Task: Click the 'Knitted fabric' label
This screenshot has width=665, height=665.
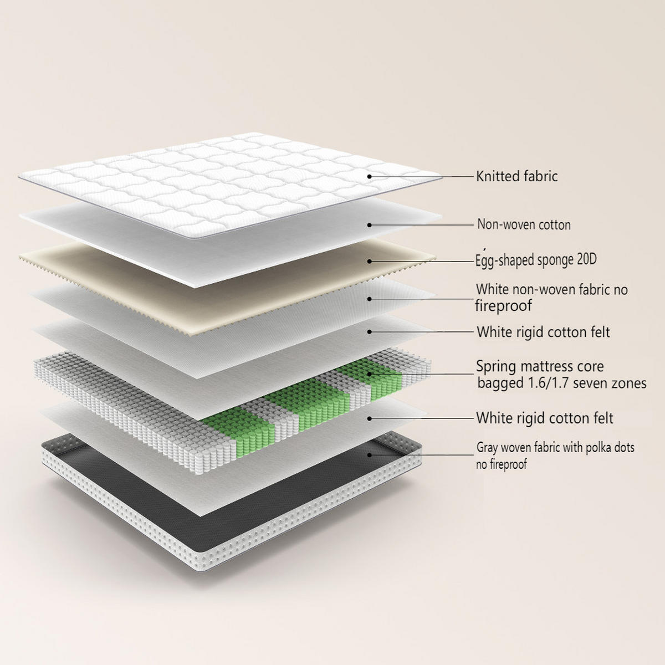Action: click(516, 176)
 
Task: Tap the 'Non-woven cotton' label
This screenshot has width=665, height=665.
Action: click(524, 224)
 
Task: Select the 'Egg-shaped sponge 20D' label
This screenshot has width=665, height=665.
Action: click(536, 260)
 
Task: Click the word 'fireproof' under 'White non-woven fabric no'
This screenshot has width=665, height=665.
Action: click(503, 306)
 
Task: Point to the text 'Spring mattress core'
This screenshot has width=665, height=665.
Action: click(540, 366)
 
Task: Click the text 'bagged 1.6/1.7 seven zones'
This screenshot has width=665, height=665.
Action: click(562, 383)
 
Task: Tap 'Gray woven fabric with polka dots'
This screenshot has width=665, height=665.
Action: click(555, 448)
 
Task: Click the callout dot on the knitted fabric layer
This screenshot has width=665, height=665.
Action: click(369, 176)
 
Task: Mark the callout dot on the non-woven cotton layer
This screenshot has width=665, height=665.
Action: click(369, 225)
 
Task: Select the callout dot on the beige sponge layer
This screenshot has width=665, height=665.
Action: click(369, 261)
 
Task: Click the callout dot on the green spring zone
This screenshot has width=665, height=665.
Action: click(369, 374)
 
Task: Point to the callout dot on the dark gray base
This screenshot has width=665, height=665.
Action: click(369, 455)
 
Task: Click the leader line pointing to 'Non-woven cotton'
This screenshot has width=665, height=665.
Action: click(421, 225)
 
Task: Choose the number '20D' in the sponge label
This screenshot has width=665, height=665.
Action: click(587, 259)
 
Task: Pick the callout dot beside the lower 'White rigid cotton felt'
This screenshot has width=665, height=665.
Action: click(369, 418)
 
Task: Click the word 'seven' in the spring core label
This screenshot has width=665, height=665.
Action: click(590, 383)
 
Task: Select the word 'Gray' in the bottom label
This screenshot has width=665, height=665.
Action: click(487, 448)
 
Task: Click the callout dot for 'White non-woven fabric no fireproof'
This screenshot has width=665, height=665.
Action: click(369, 299)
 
